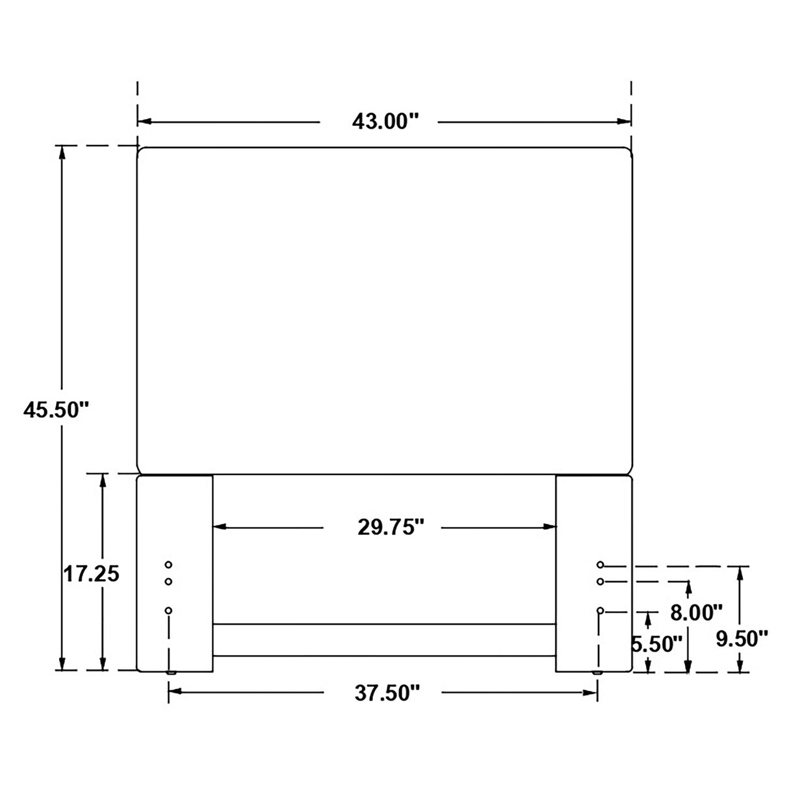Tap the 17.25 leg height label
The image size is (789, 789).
pos(92,575)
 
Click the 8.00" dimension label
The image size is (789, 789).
pos(697,612)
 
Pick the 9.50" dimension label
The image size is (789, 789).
pos(742,639)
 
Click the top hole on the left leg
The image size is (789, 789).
pos(168,564)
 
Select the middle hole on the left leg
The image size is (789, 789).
pos(168,582)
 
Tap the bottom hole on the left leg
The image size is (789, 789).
pos(168,611)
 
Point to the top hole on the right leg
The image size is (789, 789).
pos(600,564)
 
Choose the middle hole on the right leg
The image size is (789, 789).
pos(600,581)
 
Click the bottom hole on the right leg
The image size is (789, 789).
pos(600,611)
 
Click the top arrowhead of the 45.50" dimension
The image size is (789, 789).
pos(62,152)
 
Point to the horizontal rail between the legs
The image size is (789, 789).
pos(384,640)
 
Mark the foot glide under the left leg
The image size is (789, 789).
pos(171,673)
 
